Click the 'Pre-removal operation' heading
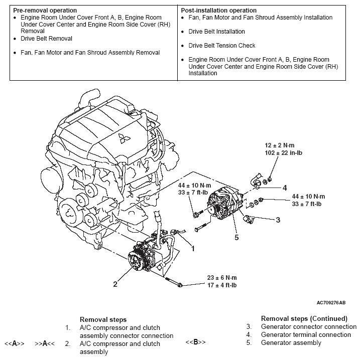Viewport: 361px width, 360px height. click(x=45, y=10)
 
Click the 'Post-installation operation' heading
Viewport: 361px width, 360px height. click(x=218, y=10)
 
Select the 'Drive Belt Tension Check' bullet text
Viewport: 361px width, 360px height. click(x=222, y=46)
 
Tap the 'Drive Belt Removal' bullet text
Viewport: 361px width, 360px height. click(x=46, y=39)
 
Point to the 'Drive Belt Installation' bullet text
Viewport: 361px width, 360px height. click(x=216, y=32)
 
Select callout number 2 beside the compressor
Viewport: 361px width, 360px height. click(x=115, y=284)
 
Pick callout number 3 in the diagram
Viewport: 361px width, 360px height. click(x=277, y=220)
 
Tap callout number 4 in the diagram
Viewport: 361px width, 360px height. click(x=284, y=188)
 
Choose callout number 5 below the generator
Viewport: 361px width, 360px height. click(x=236, y=237)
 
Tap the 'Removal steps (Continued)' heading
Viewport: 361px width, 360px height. click(x=304, y=318)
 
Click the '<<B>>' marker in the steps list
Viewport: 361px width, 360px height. click(x=195, y=342)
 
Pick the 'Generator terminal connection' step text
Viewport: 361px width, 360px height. click(x=306, y=334)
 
